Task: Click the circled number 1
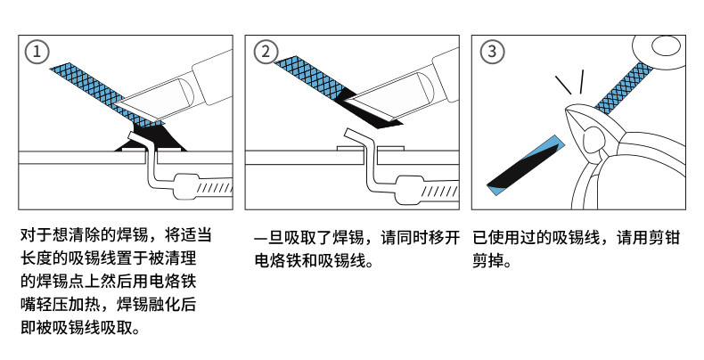(x=37, y=52)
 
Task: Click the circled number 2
(x=265, y=52)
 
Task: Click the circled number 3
(x=492, y=52)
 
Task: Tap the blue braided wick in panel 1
(x=85, y=84)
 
